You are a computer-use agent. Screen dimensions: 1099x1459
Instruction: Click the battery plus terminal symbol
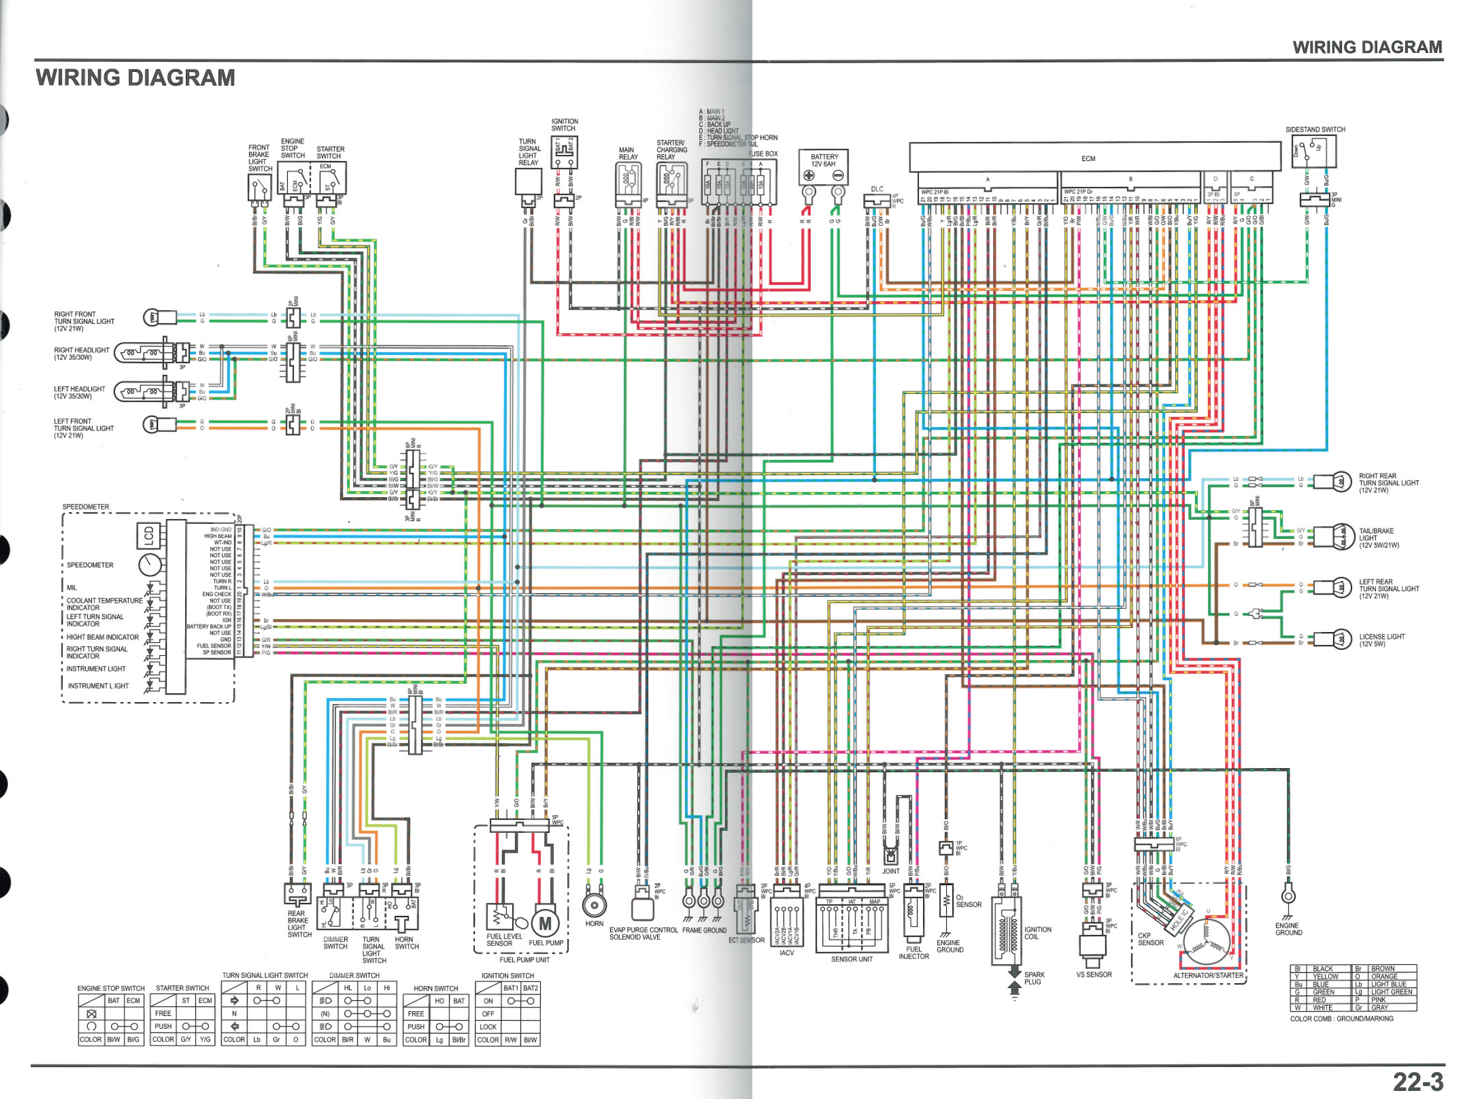coord(808,176)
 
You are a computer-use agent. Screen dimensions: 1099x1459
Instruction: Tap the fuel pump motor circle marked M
coord(545,923)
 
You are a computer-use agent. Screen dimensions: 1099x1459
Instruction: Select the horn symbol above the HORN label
coord(594,904)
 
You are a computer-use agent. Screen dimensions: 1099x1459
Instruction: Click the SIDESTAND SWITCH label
coord(1315,130)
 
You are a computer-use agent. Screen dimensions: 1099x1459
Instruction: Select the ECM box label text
coord(1087,159)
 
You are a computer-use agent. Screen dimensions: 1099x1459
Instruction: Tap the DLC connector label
coord(877,190)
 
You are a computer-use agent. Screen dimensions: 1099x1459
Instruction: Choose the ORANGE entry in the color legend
coord(1384,976)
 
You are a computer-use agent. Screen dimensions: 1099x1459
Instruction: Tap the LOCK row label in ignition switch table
coord(488,1027)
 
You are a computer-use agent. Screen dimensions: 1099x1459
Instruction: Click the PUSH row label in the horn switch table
coord(416,1027)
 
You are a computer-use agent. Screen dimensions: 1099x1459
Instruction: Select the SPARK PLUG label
coord(1033,978)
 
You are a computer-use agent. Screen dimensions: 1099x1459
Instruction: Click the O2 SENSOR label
coord(968,901)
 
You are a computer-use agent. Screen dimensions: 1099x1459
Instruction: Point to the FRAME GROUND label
coord(704,930)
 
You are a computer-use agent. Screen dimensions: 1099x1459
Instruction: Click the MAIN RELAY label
coord(627,153)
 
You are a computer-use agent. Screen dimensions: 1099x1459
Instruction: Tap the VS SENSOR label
coord(1093,974)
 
